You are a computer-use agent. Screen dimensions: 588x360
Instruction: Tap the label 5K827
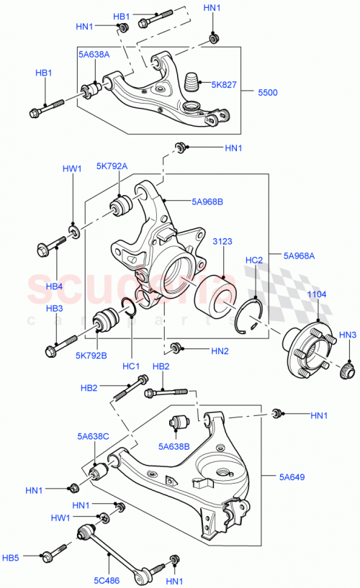click(223, 84)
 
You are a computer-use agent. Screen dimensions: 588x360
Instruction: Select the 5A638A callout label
click(94, 55)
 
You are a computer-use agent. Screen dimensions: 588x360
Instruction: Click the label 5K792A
click(112, 166)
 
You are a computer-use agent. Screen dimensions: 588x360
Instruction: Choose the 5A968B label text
click(207, 202)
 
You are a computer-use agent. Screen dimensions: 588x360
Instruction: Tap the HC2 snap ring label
click(254, 260)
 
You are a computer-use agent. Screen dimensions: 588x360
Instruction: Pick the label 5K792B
click(92, 355)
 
